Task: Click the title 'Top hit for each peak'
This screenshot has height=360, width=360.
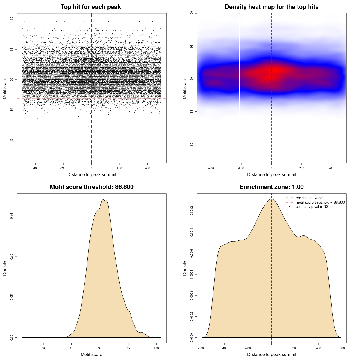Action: tap(91, 7)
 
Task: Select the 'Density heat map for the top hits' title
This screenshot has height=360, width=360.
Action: tap(271, 7)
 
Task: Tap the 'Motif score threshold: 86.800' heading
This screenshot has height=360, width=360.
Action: tap(91, 187)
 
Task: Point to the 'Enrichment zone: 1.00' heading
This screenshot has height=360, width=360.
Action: tap(271, 187)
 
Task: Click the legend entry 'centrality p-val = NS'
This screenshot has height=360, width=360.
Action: tap(312, 207)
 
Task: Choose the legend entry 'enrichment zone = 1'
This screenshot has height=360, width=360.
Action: tap(312, 198)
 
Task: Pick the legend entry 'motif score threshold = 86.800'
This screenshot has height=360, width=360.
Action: tap(320, 202)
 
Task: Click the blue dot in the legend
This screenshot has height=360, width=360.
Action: tap(289, 207)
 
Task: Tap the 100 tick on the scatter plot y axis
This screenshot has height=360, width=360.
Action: tap(12, 19)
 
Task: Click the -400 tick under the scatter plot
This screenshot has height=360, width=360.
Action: tap(35, 168)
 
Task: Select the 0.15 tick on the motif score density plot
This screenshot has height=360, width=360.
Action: tap(12, 216)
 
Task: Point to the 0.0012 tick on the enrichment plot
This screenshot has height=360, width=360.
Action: tap(192, 211)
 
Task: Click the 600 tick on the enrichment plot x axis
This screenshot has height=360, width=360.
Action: tap(342, 348)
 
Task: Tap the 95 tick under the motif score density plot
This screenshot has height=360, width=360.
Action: tap(128, 348)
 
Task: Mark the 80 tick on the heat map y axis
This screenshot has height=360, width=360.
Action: tap(192, 144)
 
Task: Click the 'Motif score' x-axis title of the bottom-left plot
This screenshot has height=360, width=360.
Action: tap(91, 354)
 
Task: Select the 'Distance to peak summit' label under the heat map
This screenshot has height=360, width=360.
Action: tap(271, 175)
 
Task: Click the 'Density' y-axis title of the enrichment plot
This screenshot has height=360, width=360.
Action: tap(185, 268)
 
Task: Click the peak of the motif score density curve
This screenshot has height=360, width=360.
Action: tap(103, 199)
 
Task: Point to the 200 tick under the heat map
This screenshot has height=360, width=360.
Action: tap(301, 168)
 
